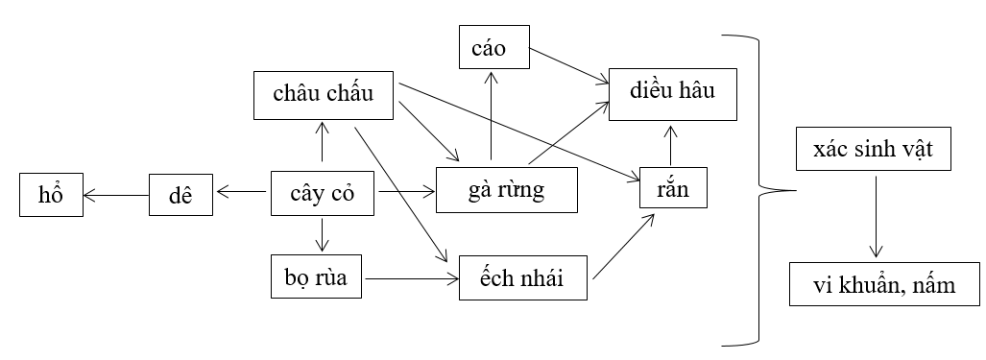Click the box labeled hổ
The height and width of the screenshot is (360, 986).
(x=51, y=196)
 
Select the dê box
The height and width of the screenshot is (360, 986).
(x=180, y=196)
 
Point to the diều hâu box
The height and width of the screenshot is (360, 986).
(x=661, y=93)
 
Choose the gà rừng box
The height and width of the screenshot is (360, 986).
(x=508, y=189)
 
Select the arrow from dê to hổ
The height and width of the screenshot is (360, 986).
(x=116, y=196)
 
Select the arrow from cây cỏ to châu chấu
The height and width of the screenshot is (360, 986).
(x=323, y=142)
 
